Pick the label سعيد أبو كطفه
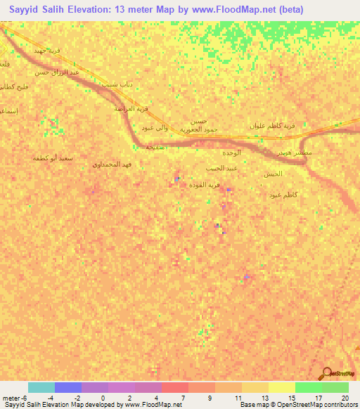(x=53, y=158)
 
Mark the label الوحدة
(x=231, y=152)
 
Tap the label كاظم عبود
(x=285, y=194)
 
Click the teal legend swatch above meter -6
(x=41, y=387)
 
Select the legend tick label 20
(x=345, y=397)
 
